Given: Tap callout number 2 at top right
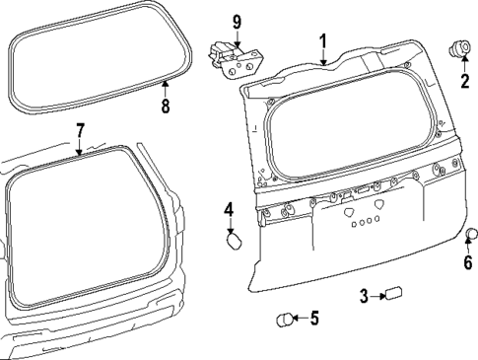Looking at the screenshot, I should pyautogui.click(x=463, y=81).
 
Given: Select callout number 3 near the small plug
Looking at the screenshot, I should pyautogui.click(x=364, y=294).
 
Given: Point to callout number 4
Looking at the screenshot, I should pyautogui.click(x=228, y=209).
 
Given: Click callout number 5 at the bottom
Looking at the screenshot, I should pyautogui.click(x=313, y=318).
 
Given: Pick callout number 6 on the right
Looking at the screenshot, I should pyautogui.click(x=468, y=262).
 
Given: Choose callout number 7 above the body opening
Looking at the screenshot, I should pyautogui.click(x=80, y=129).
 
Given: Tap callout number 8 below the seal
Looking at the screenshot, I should pyautogui.click(x=165, y=107).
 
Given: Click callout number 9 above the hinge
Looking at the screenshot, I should pyautogui.click(x=237, y=21).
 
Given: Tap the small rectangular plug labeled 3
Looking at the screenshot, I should pyautogui.click(x=396, y=293).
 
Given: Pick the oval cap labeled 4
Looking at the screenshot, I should pyautogui.click(x=234, y=240).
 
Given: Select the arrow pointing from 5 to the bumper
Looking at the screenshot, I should pyautogui.click(x=300, y=318).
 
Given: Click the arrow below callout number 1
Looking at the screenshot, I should pyautogui.click(x=321, y=57).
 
